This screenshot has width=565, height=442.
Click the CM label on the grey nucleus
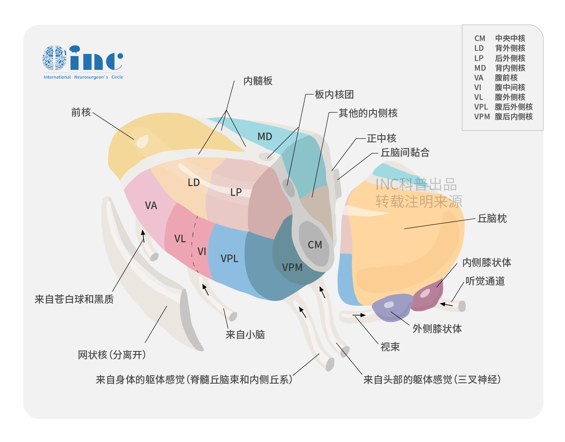pyautogui.click(x=315, y=245)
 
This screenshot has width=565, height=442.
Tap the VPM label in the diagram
pyautogui.click(x=292, y=267)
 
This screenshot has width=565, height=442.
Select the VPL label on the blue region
pyautogui.click(x=229, y=258)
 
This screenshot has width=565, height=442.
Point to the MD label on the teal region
pyautogui.click(x=265, y=137)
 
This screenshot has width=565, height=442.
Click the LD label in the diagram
pyautogui.click(x=194, y=183)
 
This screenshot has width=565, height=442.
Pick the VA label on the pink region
pyautogui.click(x=151, y=206)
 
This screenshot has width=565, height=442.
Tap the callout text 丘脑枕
pyautogui.click(x=492, y=218)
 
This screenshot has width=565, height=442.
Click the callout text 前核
pyautogui.click(x=81, y=112)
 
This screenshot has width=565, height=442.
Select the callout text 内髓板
pyautogui.click(x=258, y=81)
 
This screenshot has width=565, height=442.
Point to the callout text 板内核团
pyautogui.click(x=334, y=94)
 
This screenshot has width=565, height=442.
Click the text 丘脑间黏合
pyautogui.click(x=405, y=152)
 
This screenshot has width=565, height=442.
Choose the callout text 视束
pyautogui.click(x=390, y=347)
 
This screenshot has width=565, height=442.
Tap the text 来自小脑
pyautogui.click(x=245, y=335)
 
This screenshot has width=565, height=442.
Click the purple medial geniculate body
pyautogui.click(x=427, y=297)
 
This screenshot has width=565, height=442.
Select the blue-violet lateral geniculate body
pyautogui.click(x=392, y=307)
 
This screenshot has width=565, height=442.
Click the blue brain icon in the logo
pyautogui.click(x=54, y=57)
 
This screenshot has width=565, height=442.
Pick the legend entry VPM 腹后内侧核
pyautogui.click(x=503, y=117)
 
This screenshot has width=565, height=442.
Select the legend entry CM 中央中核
pyautogui.click(x=500, y=38)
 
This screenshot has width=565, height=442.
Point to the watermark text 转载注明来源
pyautogui.click(x=418, y=201)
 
